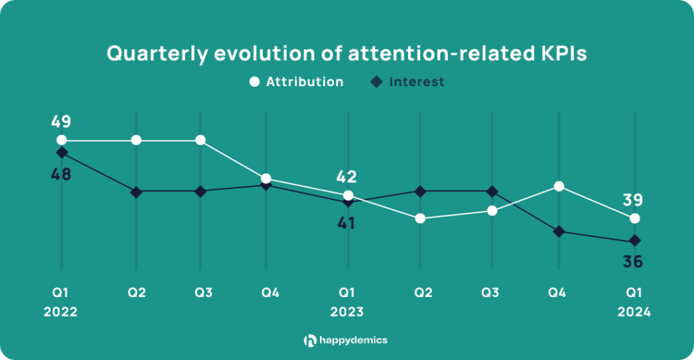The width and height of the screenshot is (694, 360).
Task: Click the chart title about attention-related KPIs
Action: (x=346, y=54)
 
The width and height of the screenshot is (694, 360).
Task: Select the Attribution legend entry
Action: (x=297, y=82)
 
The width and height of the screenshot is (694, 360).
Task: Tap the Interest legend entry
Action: (x=407, y=82)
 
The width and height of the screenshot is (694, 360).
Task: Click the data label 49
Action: (x=61, y=123)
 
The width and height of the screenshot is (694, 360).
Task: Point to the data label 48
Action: (x=61, y=174)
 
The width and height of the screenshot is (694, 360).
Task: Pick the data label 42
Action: (x=347, y=178)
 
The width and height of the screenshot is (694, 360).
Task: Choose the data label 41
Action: (x=347, y=223)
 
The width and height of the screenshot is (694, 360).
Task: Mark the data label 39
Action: (x=633, y=200)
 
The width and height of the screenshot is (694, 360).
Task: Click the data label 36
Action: (x=633, y=261)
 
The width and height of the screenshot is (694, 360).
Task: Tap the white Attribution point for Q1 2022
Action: (x=62, y=140)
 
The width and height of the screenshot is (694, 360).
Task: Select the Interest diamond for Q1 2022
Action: (x=62, y=153)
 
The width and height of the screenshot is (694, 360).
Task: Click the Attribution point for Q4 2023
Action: (x=558, y=186)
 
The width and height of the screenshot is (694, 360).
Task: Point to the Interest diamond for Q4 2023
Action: (x=558, y=232)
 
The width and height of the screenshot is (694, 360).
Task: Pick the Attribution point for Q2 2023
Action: (x=420, y=218)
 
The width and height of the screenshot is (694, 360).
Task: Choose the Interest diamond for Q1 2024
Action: (x=634, y=241)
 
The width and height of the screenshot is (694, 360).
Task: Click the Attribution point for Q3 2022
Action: (x=201, y=140)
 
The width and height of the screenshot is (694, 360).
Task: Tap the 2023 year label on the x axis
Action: (x=347, y=313)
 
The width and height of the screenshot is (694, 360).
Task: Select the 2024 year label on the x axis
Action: (x=634, y=313)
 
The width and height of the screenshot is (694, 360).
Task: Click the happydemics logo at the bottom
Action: (x=346, y=340)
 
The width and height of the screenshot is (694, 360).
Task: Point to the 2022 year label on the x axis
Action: (x=61, y=313)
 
